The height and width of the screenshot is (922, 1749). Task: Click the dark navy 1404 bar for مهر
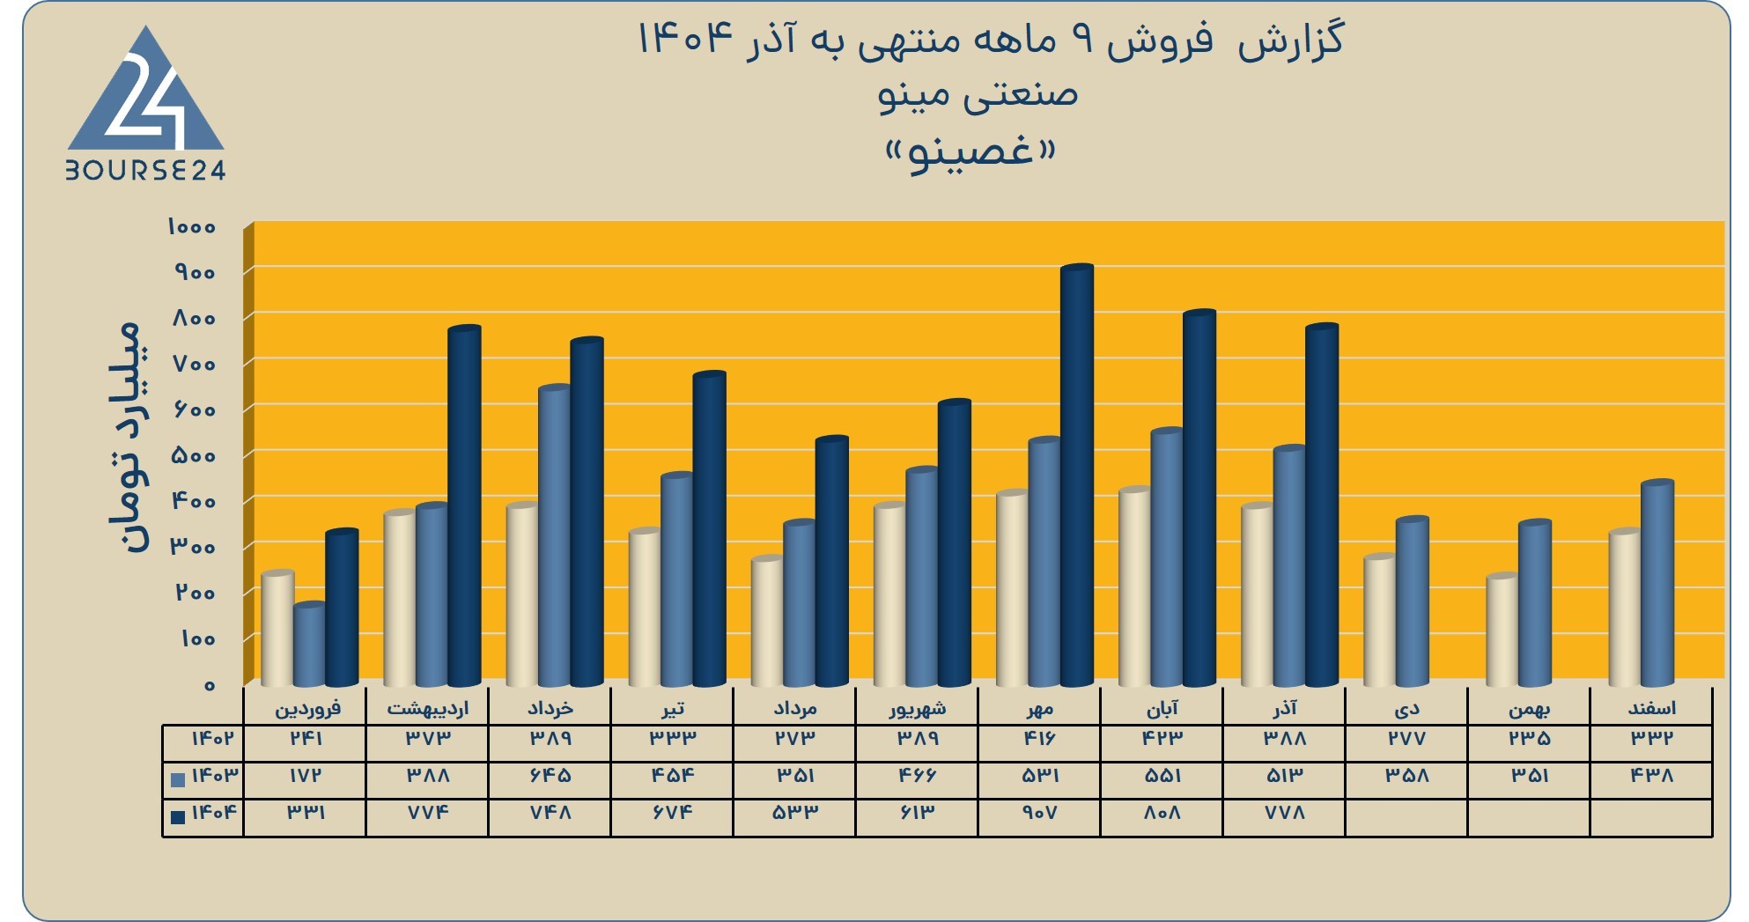point(1077,476)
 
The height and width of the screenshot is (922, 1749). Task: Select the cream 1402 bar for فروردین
point(277,629)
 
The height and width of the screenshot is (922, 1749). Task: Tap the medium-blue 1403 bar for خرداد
point(555,535)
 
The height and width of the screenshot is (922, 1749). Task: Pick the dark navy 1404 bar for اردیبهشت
point(464,506)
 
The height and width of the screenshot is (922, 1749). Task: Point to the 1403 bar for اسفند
point(1657,583)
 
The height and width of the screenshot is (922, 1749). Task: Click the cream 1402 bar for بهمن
point(1502,630)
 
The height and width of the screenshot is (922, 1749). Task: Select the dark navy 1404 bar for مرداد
point(831,561)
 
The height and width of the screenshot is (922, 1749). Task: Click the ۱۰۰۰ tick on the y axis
point(192,227)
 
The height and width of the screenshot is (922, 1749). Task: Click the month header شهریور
point(917,708)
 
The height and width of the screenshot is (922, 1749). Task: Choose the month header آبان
point(1162,708)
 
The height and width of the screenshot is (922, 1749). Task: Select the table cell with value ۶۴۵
point(550,776)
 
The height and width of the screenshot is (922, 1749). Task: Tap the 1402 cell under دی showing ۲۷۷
point(1406,739)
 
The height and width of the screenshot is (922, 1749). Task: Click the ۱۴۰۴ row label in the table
point(214,812)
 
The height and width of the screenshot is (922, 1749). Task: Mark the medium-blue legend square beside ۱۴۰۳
point(178,779)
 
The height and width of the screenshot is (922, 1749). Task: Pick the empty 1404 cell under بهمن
point(1529,818)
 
